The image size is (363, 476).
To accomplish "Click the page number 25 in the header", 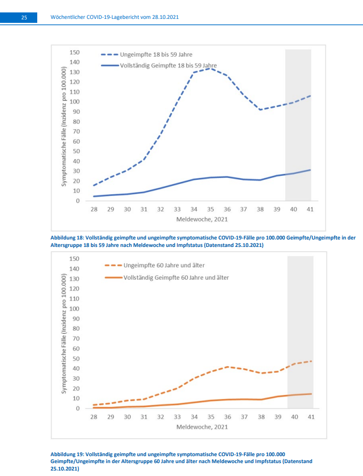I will [x=23, y=17].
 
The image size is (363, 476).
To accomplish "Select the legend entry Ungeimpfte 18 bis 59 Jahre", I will [x=156, y=55].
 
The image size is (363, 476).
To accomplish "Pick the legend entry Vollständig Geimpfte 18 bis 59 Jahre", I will [x=168, y=65].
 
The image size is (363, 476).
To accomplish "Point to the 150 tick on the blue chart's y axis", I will [x=74, y=53].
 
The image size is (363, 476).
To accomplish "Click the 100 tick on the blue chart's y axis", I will [x=74, y=102].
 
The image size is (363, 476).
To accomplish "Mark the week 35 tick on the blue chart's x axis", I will [x=211, y=210].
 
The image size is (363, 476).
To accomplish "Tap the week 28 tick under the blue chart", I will [x=94, y=210].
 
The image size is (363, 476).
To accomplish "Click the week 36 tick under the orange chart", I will [x=228, y=417].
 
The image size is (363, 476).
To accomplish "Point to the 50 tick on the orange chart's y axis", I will [x=76, y=359].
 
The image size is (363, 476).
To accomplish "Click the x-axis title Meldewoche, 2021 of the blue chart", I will [x=202, y=219].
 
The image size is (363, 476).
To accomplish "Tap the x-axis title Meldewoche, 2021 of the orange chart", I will [x=202, y=426].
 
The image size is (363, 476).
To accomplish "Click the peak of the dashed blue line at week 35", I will [x=211, y=68].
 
